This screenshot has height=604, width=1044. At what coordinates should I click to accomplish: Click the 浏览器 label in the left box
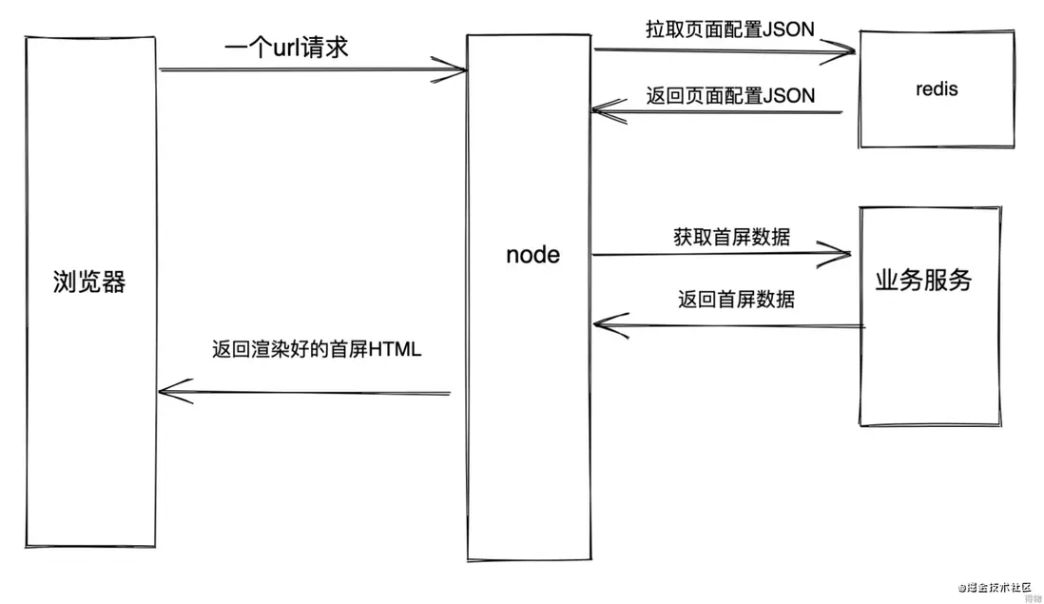[89, 283]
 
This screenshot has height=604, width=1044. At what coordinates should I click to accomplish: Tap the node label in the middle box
[532, 255]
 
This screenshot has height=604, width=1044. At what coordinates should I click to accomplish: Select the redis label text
[937, 89]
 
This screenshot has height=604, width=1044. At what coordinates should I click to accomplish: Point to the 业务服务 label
[923, 281]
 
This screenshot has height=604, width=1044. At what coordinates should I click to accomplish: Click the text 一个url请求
[286, 47]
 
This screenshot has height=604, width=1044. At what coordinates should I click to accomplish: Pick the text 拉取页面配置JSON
[729, 29]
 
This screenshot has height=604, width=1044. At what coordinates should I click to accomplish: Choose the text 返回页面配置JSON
[730, 95]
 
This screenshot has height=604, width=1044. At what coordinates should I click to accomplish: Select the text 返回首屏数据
[736, 300]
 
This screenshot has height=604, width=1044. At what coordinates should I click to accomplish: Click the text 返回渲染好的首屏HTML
[317, 349]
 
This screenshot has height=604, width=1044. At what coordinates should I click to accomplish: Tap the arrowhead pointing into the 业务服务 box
[842, 253]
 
